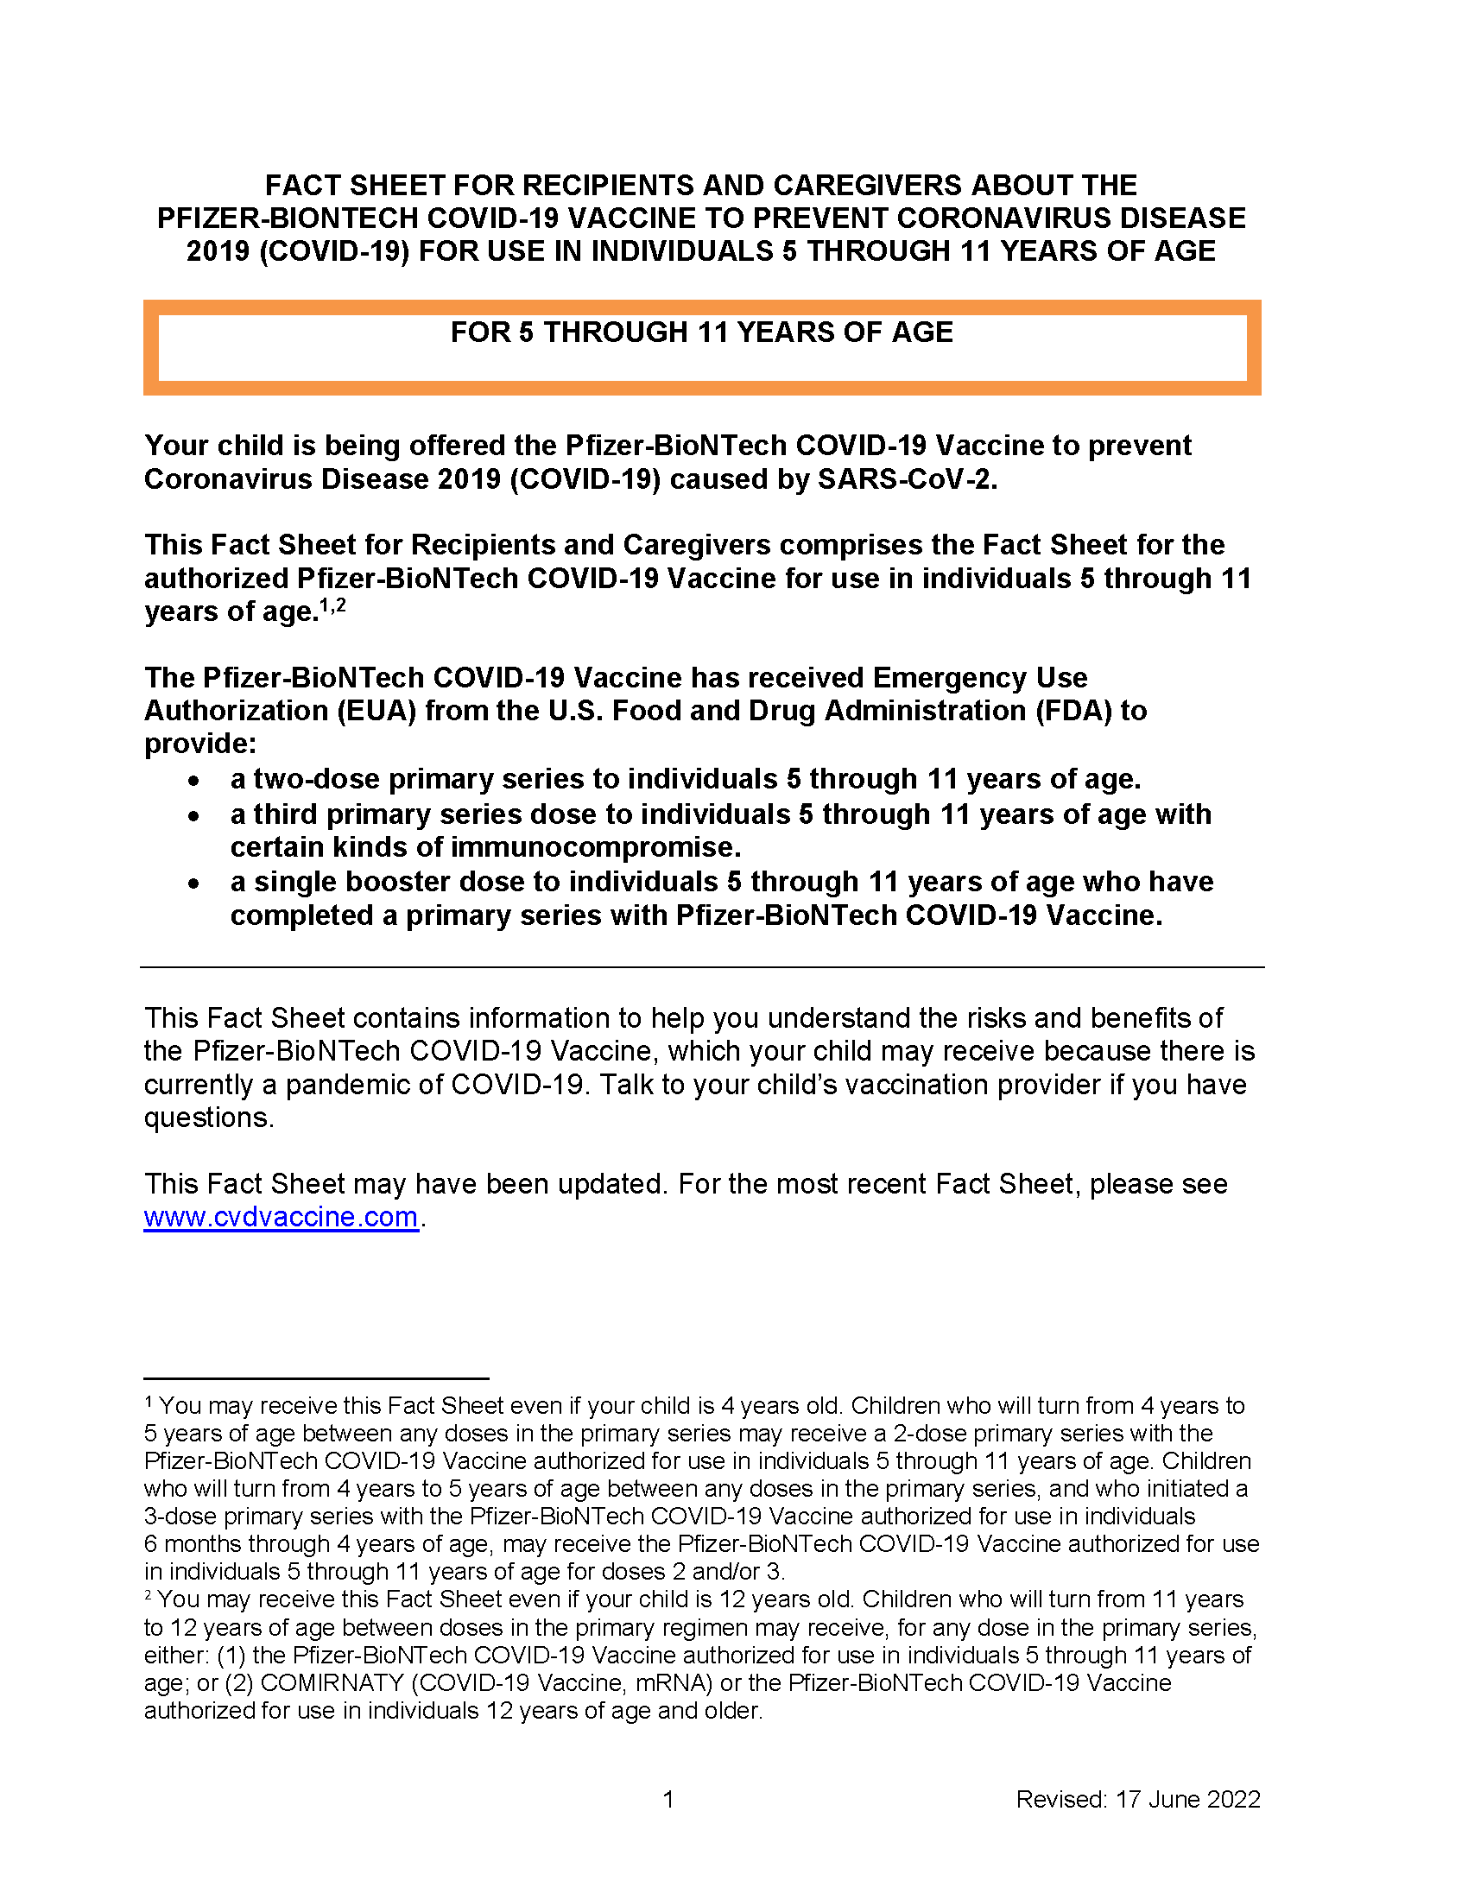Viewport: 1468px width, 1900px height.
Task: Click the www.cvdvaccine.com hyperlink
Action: pos(280,1217)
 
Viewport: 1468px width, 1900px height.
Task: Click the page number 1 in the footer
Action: pos(668,1799)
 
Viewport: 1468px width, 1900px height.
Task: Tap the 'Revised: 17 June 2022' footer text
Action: pos(1137,1799)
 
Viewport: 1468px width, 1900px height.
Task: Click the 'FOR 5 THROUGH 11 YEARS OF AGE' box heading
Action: pos(701,332)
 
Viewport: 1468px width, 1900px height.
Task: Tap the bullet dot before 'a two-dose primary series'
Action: pos(194,781)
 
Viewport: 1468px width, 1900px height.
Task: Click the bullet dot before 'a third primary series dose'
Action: pos(194,816)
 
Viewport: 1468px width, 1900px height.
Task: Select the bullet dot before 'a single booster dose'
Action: pos(194,883)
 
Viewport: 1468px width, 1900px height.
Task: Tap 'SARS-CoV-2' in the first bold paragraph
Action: pos(906,479)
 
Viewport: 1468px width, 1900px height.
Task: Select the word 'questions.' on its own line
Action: pos(209,1118)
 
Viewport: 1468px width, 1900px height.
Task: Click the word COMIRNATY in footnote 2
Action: pos(332,1682)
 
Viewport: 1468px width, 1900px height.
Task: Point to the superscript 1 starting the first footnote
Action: pos(149,1402)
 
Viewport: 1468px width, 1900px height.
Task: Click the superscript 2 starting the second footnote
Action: pos(149,1595)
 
